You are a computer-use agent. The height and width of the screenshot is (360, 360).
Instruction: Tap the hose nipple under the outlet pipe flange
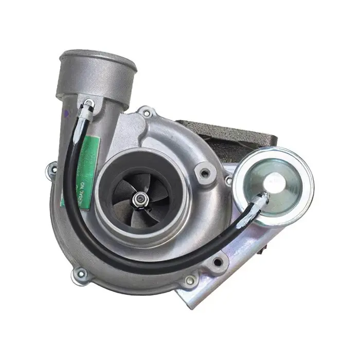click(88, 104)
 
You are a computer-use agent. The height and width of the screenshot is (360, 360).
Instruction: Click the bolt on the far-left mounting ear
click(53, 168)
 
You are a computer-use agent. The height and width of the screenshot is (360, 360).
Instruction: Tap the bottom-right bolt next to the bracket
click(191, 280)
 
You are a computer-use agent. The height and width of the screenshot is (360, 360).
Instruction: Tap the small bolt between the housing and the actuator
click(228, 181)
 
